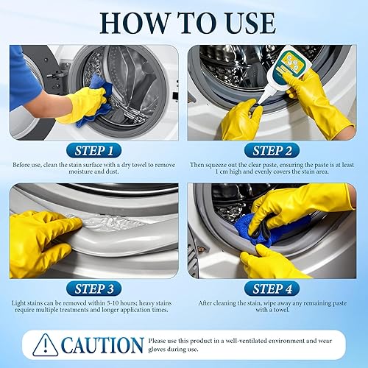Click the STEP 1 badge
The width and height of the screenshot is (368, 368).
[93, 149]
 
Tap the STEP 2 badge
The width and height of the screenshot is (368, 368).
[274, 149]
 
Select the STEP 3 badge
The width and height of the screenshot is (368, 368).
[93, 289]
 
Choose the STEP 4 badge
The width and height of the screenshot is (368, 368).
[274, 289]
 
